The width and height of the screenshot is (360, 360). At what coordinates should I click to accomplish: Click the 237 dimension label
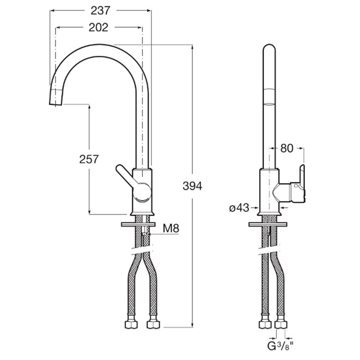coord(100,10)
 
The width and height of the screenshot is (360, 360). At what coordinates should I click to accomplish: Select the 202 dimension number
coord(98,27)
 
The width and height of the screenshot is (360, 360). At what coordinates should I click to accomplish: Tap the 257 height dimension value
coord(89,159)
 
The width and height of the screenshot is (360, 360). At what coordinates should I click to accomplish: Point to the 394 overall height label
coord(193,186)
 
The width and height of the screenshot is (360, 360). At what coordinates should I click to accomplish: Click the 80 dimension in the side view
coord(287,148)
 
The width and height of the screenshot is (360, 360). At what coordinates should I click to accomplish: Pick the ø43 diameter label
coord(239,208)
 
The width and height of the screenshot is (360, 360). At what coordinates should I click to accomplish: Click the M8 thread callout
coord(171,228)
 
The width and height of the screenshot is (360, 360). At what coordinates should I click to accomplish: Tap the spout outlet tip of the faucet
coord(55,104)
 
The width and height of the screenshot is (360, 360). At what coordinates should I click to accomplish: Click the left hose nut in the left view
coord(131,324)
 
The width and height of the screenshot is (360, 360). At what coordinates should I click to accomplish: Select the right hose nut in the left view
coord(153,324)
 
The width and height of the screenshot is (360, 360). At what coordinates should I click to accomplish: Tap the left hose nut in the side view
coord(265,324)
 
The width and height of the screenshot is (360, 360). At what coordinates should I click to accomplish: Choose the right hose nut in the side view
coord(281,324)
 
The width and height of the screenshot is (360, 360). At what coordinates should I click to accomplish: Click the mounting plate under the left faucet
coord(138,224)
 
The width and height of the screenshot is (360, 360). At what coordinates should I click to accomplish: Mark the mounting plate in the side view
coord(268,224)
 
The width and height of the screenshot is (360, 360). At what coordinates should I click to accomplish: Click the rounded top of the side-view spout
coord(269,45)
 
